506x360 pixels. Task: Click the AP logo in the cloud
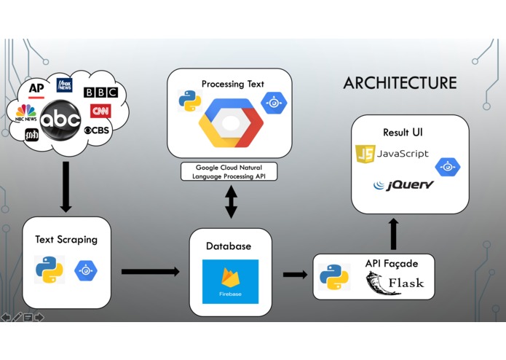(x=36, y=90)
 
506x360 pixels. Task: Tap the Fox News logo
(x=65, y=85)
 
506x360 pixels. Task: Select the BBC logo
(x=100, y=93)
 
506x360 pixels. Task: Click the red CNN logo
(x=100, y=111)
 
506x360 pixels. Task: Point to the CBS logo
(x=97, y=130)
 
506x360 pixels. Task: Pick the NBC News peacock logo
(x=25, y=113)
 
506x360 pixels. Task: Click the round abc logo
(x=60, y=120)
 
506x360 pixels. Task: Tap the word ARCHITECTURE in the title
(x=400, y=83)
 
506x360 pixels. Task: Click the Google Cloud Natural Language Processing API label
(x=229, y=172)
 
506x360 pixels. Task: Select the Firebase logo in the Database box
(x=230, y=281)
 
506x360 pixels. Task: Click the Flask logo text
(x=406, y=283)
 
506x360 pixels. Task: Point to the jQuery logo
(x=403, y=185)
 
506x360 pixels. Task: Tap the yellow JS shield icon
(x=365, y=154)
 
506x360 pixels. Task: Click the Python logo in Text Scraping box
(x=50, y=270)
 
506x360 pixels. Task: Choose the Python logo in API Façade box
(x=334, y=277)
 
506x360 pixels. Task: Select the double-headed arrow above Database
(x=231, y=202)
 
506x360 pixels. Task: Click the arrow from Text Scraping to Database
(x=151, y=272)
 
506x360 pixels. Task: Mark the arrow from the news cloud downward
(x=66, y=187)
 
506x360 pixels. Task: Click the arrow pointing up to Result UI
(x=393, y=234)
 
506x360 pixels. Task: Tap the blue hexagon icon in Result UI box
(x=448, y=167)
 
